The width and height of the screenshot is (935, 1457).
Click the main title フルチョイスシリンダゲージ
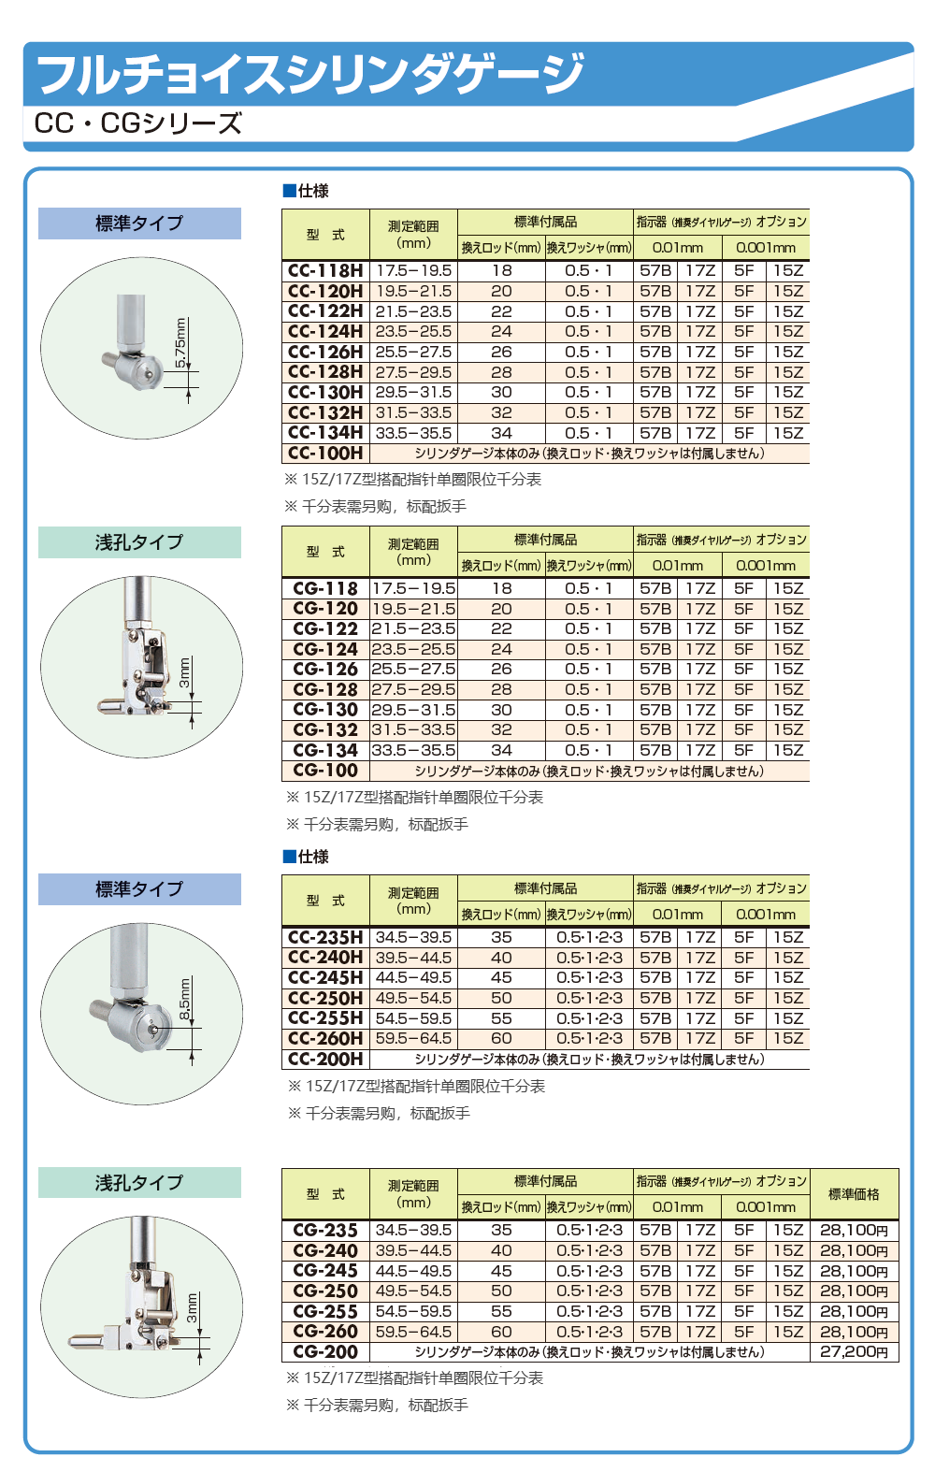[310, 75]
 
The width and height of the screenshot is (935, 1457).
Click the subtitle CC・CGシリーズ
[137, 123]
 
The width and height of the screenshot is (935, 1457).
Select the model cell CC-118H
[325, 270]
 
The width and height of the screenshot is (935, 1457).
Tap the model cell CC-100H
[325, 454]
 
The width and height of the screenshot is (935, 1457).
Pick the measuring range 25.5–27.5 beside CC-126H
[413, 352]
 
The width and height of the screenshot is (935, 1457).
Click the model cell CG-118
[325, 588]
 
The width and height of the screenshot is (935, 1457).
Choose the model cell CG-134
[325, 750]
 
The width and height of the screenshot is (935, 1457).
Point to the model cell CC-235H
[325, 937]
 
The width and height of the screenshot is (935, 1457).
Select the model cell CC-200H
[325, 1060]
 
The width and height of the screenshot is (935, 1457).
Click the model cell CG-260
[325, 1332]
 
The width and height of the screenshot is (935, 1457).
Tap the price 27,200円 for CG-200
[854, 1352]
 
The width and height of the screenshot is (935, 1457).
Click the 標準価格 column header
[854, 1194]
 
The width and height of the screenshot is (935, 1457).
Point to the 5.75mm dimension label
[181, 342]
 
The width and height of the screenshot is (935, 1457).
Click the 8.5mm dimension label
[185, 999]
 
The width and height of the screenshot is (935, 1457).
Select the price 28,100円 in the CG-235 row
[854, 1231]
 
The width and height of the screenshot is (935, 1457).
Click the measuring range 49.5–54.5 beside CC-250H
[413, 998]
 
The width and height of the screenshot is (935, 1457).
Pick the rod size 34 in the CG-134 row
[501, 750]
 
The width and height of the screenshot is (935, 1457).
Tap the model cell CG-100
[325, 771]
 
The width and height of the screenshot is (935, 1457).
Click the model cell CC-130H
[325, 393]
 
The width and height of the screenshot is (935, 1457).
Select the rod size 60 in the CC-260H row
[501, 1039]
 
